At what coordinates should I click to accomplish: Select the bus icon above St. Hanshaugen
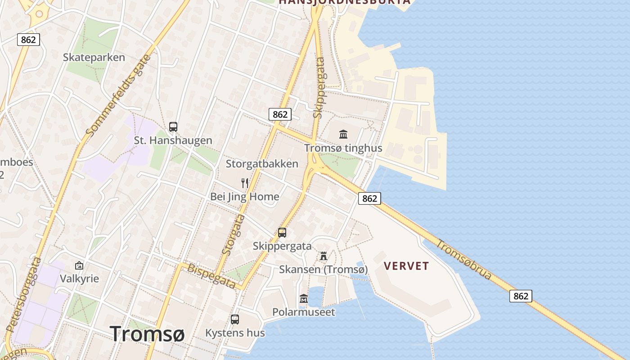click(173, 127)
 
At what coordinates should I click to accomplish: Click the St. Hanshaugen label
click(173, 140)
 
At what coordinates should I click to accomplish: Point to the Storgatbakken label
click(262, 164)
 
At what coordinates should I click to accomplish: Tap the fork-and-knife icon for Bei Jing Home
click(245, 183)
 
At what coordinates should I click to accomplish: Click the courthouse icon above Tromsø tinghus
click(343, 134)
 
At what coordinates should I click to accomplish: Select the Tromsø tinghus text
click(343, 148)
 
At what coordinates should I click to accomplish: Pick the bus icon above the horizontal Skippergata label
click(282, 233)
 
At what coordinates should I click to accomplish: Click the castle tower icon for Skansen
click(323, 256)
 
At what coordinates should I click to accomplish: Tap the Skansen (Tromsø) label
click(323, 270)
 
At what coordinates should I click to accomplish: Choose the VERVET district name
click(406, 266)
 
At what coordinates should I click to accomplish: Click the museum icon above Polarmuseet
click(304, 299)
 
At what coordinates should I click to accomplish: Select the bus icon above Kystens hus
click(235, 319)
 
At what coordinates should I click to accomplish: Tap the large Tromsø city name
click(147, 333)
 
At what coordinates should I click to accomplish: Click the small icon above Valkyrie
click(79, 265)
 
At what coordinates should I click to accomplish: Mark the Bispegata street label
click(211, 276)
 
